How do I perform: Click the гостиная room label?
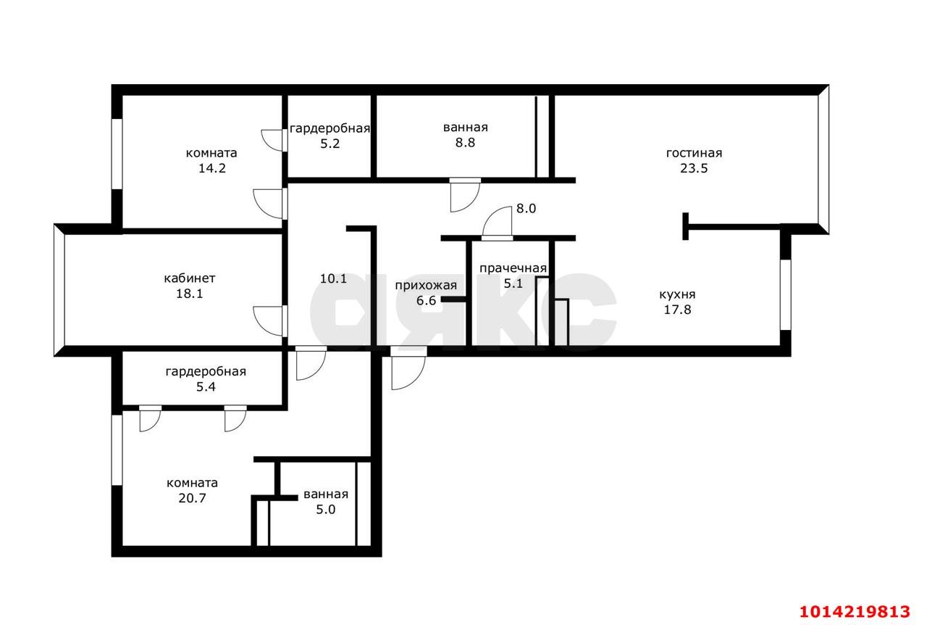[694, 153]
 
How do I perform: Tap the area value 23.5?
[694, 168]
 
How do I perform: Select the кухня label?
[677, 294]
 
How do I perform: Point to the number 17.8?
[677, 310]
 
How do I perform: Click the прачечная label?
[513, 268]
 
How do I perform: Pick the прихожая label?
[426, 286]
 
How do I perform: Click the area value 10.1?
[333, 278]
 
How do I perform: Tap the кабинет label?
[190, 278]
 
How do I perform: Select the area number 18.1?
[190, 294]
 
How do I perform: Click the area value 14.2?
[212, 168]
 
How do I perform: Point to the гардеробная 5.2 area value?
[330, 144]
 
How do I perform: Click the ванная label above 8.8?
[465, 128]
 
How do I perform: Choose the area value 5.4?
[206, 387]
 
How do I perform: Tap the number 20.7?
[192, 498]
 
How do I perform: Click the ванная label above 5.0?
[326, 494]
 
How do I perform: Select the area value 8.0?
[526, 209]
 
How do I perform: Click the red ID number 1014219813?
[855, 612]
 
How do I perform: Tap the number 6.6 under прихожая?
[426, 300]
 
